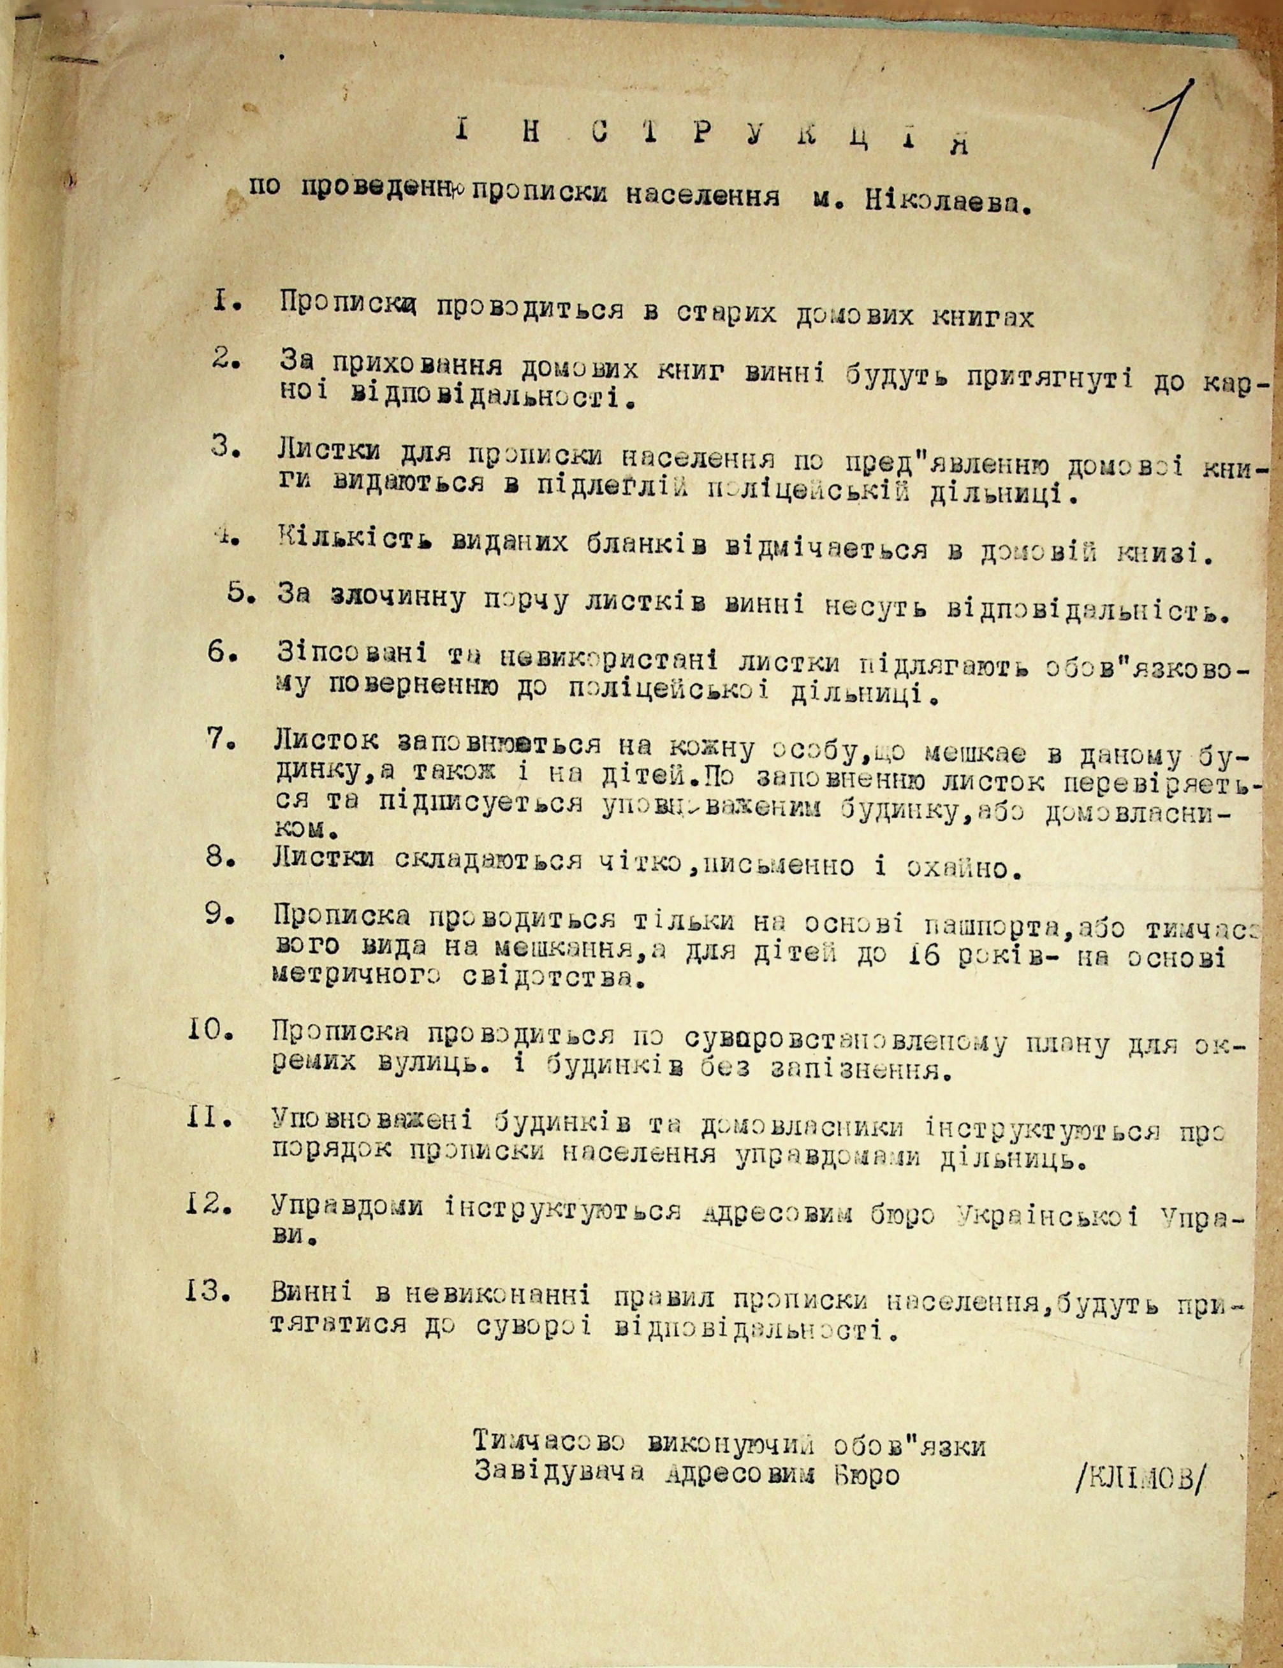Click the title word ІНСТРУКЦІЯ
[x=710, y=138]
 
